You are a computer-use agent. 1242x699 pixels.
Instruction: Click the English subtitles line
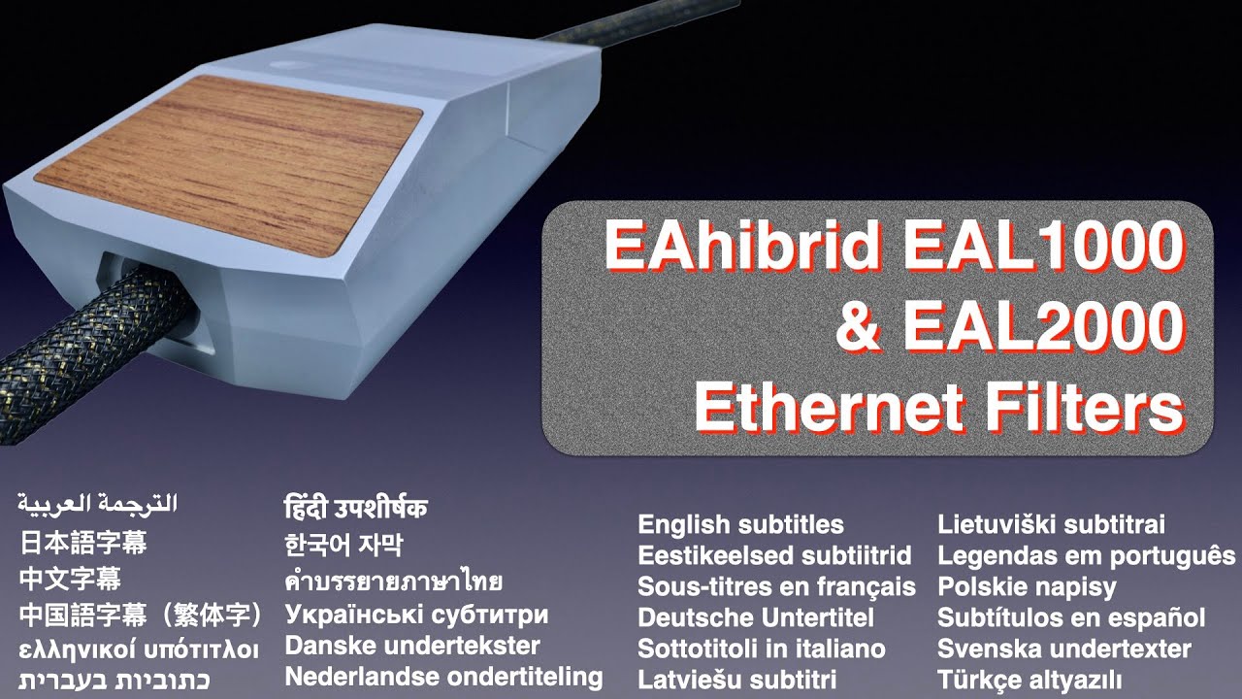[740, 525]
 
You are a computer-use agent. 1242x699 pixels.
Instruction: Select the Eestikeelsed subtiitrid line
[774, 556]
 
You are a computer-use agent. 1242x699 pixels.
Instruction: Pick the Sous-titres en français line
[776, 587]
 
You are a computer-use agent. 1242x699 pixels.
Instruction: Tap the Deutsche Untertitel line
[756, 618]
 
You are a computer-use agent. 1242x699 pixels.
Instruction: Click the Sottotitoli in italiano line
[761, 649]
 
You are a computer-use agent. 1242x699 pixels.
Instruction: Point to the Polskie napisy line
[1027, 587]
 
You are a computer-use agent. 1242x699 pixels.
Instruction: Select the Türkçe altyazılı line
[1030, 680]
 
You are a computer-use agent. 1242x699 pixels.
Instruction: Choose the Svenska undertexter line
[1063, 649]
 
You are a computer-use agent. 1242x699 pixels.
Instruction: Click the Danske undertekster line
[411, 646]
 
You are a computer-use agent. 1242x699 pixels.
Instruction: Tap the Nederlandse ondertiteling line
[443, 677]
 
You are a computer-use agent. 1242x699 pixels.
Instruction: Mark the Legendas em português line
[1086, 556]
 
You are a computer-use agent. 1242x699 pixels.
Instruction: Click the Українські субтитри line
[416, 615]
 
